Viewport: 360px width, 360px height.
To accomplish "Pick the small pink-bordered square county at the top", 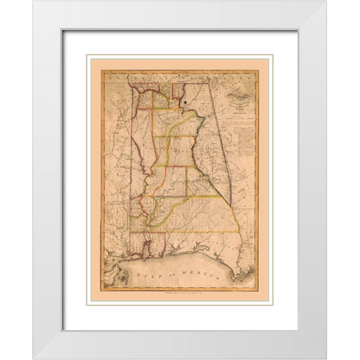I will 178,94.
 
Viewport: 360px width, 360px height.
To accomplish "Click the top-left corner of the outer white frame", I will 34,2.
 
